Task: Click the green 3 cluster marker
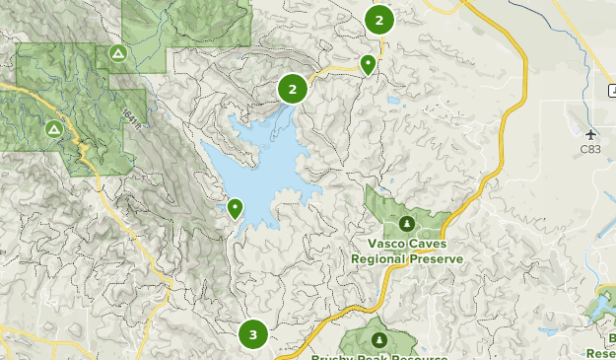[x=253, y=334]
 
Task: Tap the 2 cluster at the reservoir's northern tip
[x=292, y=90]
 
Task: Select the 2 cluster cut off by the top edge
[x=378, y=19]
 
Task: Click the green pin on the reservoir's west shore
[x=235, y=208]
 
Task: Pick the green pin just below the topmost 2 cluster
[x=368, y=65]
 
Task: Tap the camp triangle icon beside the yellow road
[x=53, y=128]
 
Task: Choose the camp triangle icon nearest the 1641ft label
[x=118, y=52]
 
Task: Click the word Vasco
[x=387, y=244]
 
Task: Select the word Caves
[x=430, y=244]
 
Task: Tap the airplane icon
[x=590, y=134]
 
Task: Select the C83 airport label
[x=590, y=150]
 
